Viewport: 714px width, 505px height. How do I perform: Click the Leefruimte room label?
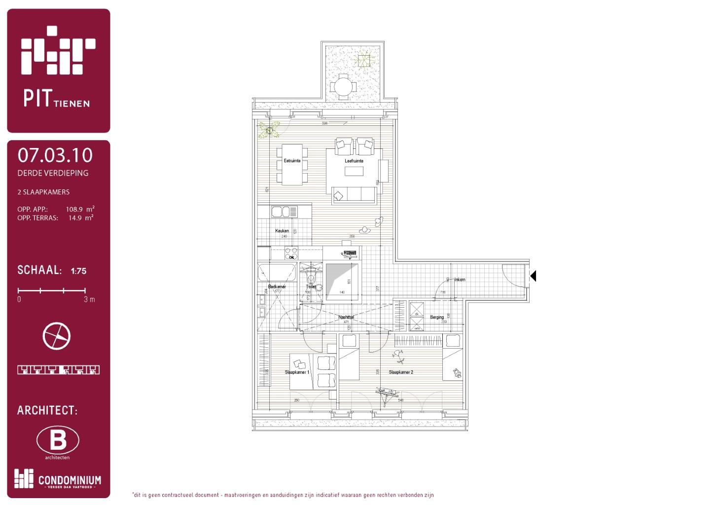coord(354,161)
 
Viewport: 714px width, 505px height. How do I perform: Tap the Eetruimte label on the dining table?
coord(292,161)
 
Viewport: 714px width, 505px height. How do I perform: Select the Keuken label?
coord(282,231)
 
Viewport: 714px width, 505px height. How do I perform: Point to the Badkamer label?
coord(277,287)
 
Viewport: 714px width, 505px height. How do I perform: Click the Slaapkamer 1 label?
coord(297,372)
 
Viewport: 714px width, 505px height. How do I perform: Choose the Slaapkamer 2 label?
coord(401,372)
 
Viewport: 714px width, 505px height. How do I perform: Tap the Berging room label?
coord(436,317)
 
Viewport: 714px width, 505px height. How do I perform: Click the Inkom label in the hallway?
coord(460,280)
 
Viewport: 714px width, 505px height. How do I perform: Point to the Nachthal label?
coord(346,317)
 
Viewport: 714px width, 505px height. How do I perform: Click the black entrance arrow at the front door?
coord(533,276)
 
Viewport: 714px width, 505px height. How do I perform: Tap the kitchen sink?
coord(281,212)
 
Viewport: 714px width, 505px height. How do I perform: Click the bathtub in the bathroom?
coord(277,272)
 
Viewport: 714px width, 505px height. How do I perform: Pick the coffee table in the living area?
coord(354,171)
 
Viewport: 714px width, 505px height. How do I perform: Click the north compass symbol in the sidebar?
coord(57,336)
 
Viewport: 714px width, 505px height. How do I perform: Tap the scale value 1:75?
coord(78,271)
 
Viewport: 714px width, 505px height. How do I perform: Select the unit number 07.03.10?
coord(55,155)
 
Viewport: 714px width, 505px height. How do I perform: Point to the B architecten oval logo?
coord(58,440)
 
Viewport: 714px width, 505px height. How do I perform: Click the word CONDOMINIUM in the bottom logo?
coord(70,480)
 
